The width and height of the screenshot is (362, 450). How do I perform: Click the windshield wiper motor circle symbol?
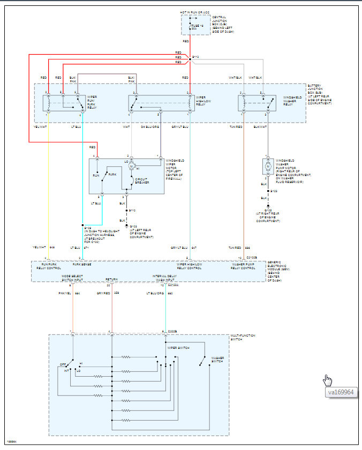coord(131,166)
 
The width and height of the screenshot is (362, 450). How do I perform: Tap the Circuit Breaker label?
coord(141,181)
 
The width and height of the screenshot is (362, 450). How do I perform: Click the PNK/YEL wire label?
coord(64,293)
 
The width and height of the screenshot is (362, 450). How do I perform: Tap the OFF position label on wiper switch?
coord(63,365)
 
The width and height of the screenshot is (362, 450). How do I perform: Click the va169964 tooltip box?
coord(342,392)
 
